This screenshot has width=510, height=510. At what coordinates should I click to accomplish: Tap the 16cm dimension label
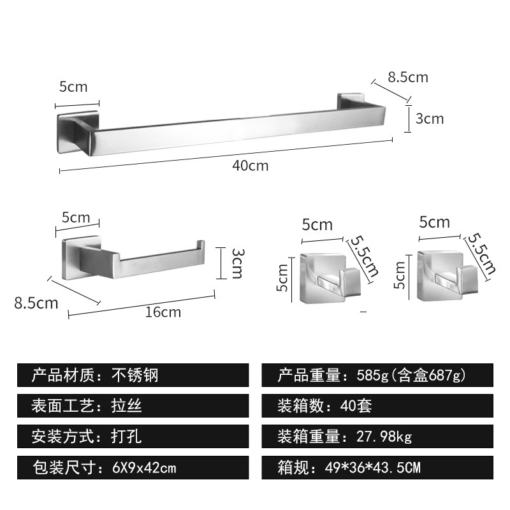163,312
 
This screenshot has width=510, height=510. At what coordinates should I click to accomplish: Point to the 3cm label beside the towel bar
429,119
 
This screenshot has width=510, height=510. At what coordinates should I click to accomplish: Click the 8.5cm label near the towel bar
408,78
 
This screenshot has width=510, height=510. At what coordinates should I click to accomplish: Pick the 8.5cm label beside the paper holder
36,303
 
